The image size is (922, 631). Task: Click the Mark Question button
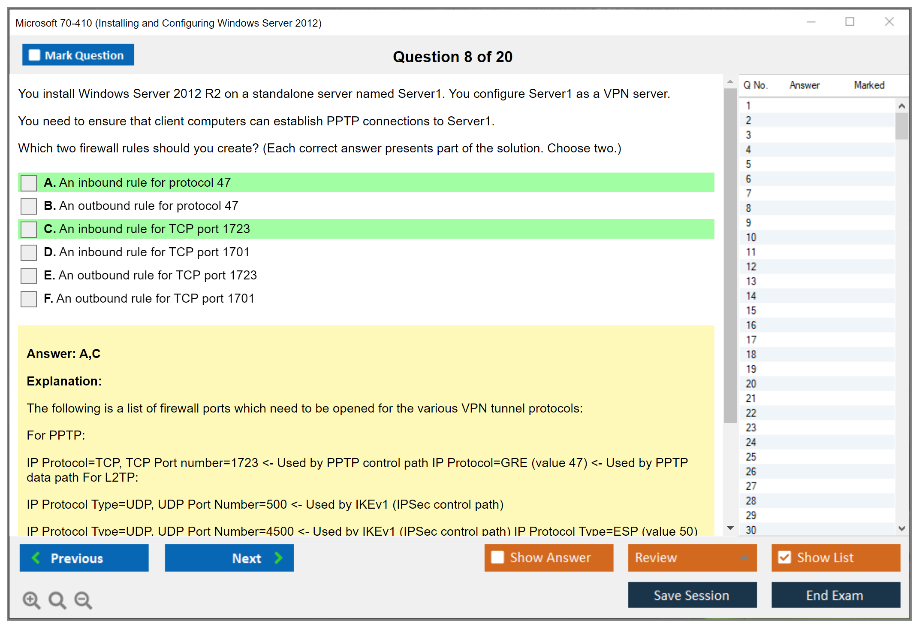(x=78, y=55)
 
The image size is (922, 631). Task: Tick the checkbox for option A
(x=29, y=183)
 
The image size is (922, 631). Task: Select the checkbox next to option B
(x=29, y=206)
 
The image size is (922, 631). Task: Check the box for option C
(x=29, y=229)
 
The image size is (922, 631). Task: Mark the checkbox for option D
(x=29, y=252)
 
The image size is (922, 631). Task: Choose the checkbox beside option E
(x=29, y=276)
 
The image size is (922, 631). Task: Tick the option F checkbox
(x=29, y=299)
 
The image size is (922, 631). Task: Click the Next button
(x=229, y=558)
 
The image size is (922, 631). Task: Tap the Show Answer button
(x=549, y=558)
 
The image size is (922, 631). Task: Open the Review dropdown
(x=692, y=558)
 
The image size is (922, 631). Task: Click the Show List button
(x=836, y=558)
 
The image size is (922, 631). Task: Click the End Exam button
(x=836, y=595)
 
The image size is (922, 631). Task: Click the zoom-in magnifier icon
(x=32, y=600)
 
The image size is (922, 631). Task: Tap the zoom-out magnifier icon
(x=83, y=600)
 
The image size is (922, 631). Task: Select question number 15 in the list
(x=751, y=310)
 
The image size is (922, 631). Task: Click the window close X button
(x=889, y=21)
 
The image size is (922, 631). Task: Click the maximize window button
(x=850, y=21)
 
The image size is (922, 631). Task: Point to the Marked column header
(x=869, y=85)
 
